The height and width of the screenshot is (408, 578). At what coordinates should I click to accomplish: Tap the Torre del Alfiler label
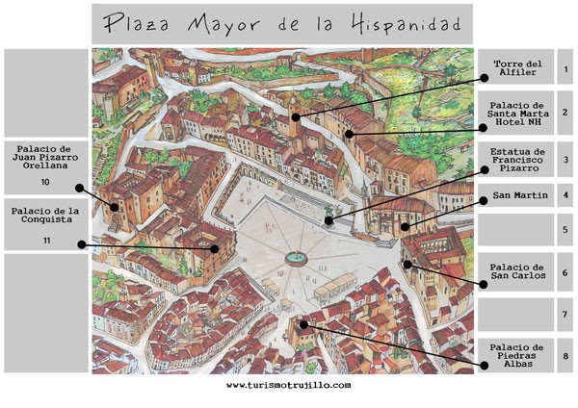(517, 69)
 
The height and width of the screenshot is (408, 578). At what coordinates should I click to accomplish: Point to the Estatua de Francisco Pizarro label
(517, 159)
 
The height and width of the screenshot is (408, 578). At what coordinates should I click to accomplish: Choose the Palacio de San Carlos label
(517, 271)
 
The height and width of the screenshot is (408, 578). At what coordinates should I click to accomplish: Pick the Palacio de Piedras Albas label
(517, 353)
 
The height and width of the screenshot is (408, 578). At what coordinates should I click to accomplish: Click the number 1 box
(566, 69)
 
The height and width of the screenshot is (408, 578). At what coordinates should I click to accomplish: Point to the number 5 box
(566, 231)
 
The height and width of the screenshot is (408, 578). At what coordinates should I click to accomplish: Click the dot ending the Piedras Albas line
(304, 324)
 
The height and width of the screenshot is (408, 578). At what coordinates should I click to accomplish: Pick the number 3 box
(566, 160)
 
